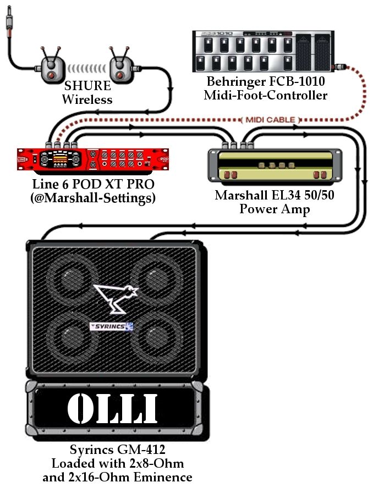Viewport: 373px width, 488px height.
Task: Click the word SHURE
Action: [87, 86]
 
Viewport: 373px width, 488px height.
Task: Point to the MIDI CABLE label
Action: [270, 120]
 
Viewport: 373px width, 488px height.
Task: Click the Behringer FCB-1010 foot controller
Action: [264, 51]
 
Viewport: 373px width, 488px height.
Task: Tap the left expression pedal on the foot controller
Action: [303, 52]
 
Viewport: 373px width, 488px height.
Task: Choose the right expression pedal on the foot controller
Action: [322, 52]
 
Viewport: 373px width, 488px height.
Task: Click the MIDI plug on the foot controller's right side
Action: [339, 67]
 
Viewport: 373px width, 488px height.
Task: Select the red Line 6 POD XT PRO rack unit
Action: [93, 159]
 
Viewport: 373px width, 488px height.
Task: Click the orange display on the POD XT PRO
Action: [60, 157]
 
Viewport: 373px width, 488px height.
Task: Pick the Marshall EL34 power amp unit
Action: [275, 165]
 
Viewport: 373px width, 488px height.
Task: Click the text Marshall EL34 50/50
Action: [275, 195]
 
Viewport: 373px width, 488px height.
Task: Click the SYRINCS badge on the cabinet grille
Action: [112, 326]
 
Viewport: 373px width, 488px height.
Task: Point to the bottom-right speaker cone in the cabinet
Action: [156, 338]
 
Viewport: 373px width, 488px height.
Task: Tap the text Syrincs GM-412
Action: [118, 450]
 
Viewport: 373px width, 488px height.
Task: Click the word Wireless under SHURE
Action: [87, 99]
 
